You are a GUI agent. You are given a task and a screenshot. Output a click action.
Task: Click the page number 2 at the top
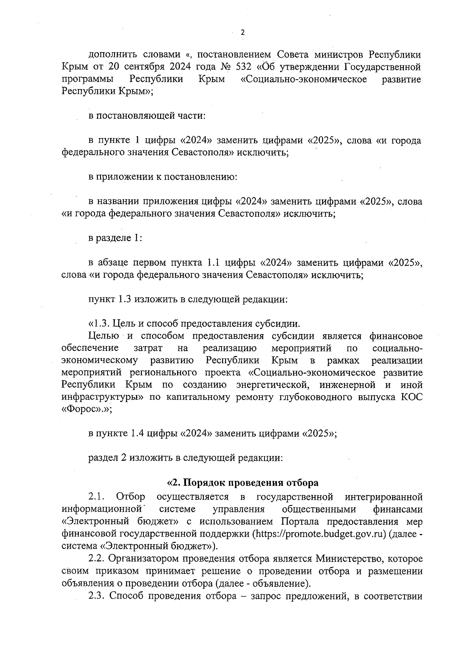[x=242, y=32]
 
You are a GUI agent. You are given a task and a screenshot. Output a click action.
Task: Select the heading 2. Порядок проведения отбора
[x=242, y=483]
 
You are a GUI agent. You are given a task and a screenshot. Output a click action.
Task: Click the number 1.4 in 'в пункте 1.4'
[x=138, y=434]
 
